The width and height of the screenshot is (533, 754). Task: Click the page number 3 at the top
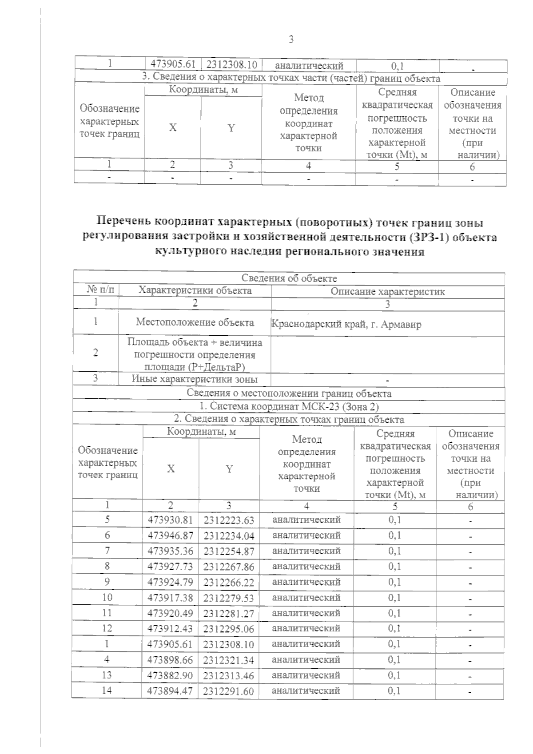[291, 40]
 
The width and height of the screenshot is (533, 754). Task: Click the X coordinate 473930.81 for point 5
[170, 520]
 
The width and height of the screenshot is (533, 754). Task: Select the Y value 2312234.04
[229, 536]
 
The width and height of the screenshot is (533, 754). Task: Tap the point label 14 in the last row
[107, 691]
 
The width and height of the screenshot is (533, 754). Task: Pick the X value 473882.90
[170, 675]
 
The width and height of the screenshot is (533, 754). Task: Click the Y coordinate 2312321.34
[229, 660]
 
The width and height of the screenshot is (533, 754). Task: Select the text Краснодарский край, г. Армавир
[346, 324]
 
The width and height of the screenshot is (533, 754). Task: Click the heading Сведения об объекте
[289, 278]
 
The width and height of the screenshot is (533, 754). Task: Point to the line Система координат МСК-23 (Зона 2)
[289, 406]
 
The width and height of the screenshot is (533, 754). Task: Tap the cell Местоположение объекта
[195, 322]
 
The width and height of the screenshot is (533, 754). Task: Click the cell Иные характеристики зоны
[195, 379]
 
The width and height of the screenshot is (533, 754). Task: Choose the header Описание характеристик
[388, 292]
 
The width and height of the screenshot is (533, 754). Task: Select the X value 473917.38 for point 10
[170, 598]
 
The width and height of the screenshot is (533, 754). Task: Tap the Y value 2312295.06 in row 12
[229, 629]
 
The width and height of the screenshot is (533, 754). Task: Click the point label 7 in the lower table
[107, 551]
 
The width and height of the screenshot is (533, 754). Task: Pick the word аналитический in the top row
[309, 66]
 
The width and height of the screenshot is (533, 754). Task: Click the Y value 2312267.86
[229, 567]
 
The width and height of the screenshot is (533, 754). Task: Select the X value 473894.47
[170, 691]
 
